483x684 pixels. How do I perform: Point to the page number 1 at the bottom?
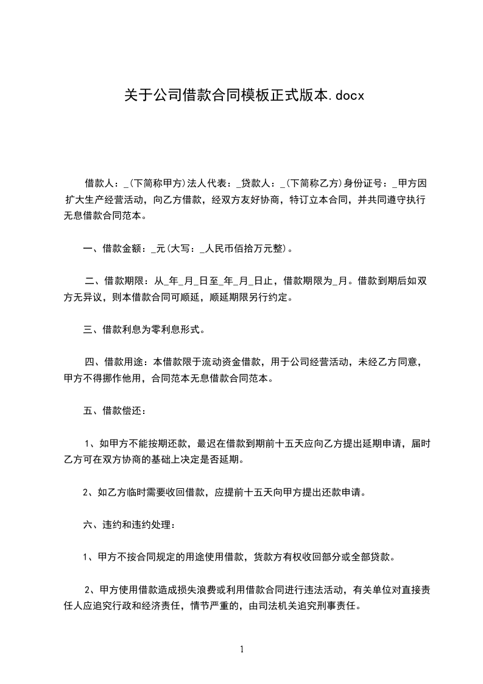[x=242, y=649]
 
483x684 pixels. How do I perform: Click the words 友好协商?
[x=260, y=199]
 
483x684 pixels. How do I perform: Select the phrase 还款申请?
[x=341, y=492]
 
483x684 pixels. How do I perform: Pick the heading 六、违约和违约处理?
[x=129, y=525]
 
